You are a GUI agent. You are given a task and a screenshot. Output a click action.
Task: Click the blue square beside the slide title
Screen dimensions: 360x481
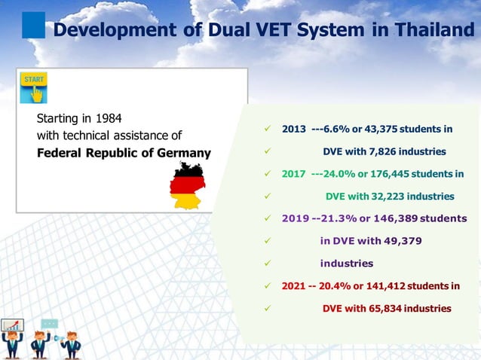34,24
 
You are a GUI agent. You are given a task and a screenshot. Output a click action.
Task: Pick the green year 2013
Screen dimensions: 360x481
293,128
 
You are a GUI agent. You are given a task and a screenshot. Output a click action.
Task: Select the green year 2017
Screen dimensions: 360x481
293,173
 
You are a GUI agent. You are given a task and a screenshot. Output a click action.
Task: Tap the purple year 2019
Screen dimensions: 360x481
295,218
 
